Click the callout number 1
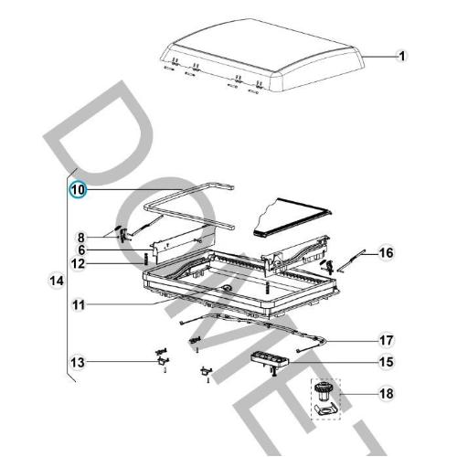[400, 56]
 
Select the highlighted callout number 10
[79, 189]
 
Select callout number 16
[386, 252]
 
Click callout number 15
[386, 363]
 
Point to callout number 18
[386, 395]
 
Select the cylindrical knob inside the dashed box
[324, 394]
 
